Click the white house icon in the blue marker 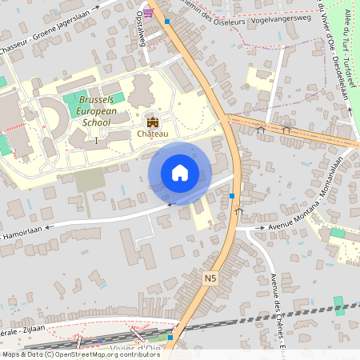tap(180, 173)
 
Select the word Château tap(152, 134)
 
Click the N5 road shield tap(210, 278)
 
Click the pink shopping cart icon tap(149, 11)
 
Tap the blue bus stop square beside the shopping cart tap(166, 22)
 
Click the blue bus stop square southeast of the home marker tap(232, 195)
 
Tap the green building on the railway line tap(338, 305)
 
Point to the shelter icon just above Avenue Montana tap(238, 211)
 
